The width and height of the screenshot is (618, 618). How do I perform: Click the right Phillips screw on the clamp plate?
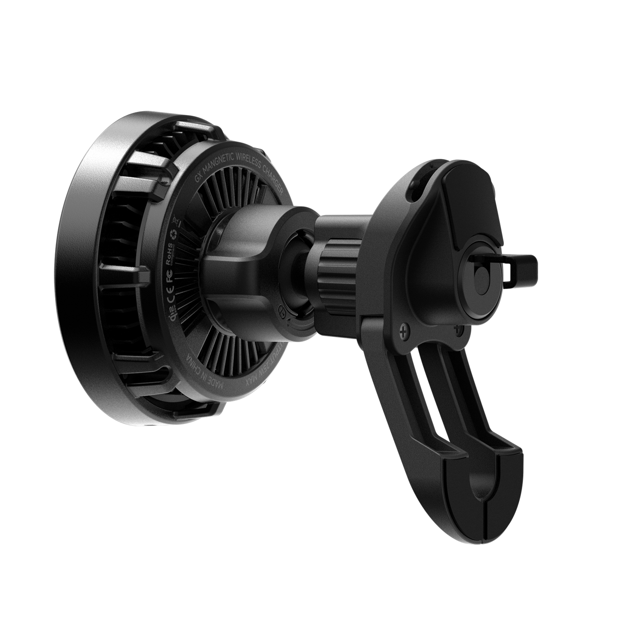[459, 330]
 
